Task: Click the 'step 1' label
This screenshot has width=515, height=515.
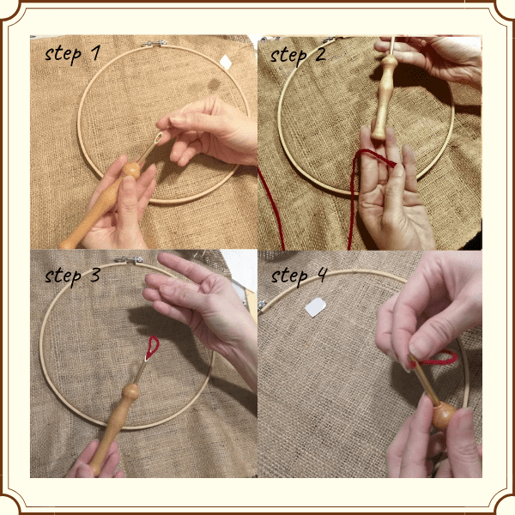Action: click(x=73, y=54)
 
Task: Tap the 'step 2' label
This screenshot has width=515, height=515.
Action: click(x=299, y=54)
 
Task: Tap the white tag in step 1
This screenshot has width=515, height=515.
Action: click(x=227, y=62)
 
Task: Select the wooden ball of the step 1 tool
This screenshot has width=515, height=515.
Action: click(x=130, y=169)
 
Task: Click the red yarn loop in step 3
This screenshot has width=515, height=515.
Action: click(x=152, y=346)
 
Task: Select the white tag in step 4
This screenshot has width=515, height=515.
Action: click(x=317, y=306)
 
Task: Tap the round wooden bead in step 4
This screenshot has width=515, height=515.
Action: click(x=443, y=416)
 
